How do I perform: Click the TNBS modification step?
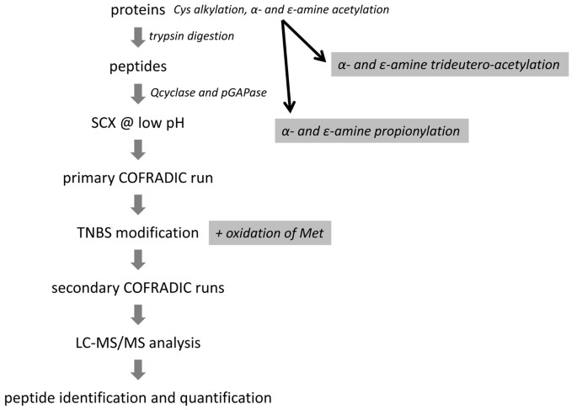(x=137, y=232)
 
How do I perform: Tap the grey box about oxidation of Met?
(x=270, y=232)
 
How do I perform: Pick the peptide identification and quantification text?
(x=138, y=396)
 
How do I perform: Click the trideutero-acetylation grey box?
(x=447, y=64)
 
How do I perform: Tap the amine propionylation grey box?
(x=371, y=131)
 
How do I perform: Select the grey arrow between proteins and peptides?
(x=138, y=38)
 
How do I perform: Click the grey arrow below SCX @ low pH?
(x=138, y=149)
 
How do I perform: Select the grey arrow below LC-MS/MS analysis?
(x=138, y=368)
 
